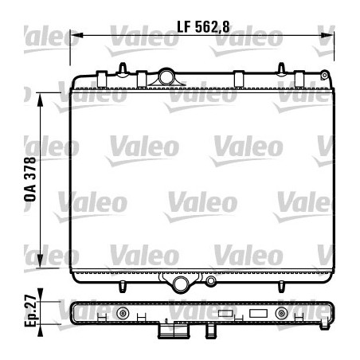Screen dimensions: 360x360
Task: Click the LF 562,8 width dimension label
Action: click(x=202, y=26)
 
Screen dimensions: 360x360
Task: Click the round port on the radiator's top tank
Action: click(x=167, y=77)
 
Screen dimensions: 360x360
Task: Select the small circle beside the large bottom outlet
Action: click(x=210, y=281)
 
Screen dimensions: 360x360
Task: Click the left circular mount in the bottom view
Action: click(x=123, y=314)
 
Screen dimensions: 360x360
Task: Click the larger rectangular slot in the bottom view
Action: click(x=260, y=314)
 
